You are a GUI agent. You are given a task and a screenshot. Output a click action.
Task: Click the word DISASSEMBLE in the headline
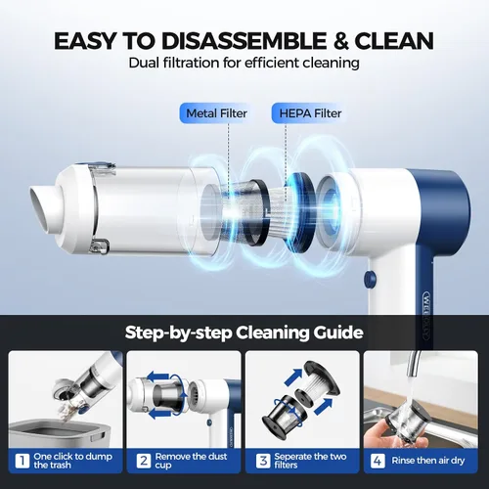coord(244,41)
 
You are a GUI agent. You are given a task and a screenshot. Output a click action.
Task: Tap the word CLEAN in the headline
coord(394,41)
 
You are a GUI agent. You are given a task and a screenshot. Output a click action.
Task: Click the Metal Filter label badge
coord(216,113)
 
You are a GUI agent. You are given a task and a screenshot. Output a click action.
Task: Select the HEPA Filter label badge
coord(310,113)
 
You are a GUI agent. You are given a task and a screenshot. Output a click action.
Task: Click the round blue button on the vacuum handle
coord(371,279)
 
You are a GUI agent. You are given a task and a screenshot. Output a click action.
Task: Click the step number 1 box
coord(22,461)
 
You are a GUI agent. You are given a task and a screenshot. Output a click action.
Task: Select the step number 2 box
coord(144,461)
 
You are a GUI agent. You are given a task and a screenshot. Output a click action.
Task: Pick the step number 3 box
coord(263,461)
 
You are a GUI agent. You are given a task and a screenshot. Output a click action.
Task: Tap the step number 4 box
coord(378,461)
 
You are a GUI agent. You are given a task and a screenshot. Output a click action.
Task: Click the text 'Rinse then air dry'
coord(428,461)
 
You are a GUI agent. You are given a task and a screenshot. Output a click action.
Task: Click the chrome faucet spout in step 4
coord(416,363)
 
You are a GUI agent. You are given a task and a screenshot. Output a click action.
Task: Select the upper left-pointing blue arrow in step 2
coord(158,377)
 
